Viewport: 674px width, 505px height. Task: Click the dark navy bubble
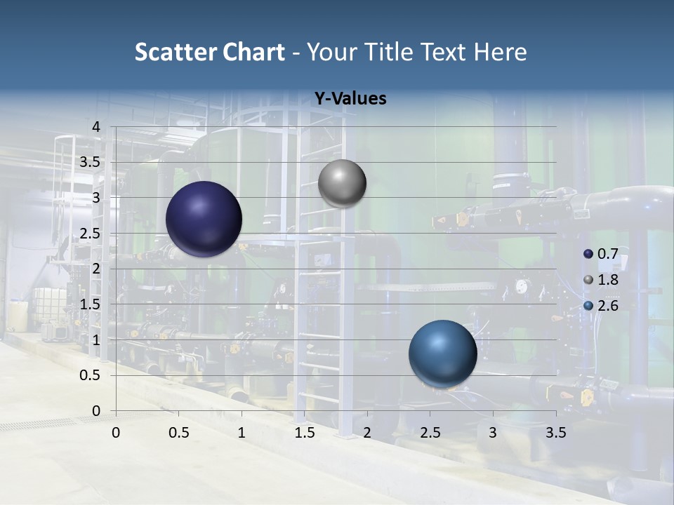tap(204, 219)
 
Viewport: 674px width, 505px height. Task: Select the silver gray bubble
tap(342, 184)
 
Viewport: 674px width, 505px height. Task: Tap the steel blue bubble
tap(442, 353)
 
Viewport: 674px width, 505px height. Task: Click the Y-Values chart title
tap(350, 98)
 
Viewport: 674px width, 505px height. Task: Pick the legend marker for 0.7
tap(588, 254)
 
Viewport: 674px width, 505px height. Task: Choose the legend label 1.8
tap(607, 280)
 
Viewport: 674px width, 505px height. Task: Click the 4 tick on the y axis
tap(97, 126)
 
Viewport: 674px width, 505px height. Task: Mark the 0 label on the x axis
tap(116, 432)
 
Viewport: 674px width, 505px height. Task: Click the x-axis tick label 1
tap(242, 432)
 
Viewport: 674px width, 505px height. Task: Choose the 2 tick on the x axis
tap(367, 432)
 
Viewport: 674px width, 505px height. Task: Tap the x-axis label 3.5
tap(556, 432)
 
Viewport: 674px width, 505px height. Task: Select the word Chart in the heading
tap(253, 52)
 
